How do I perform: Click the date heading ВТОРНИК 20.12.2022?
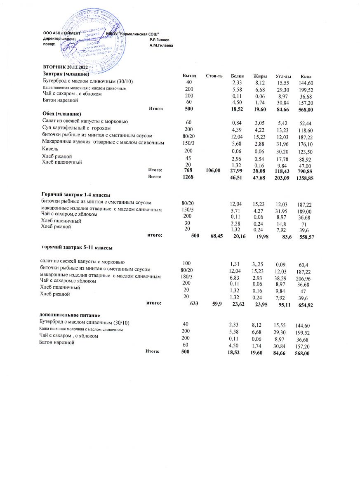tap(66, 67)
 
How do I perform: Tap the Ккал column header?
tap(306, 77)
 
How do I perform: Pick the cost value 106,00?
tap(213, 170)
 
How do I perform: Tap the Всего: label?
tap(154, 177)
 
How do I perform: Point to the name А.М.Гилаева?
tap(161, 45)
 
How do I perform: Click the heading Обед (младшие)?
tap(61, 113)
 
